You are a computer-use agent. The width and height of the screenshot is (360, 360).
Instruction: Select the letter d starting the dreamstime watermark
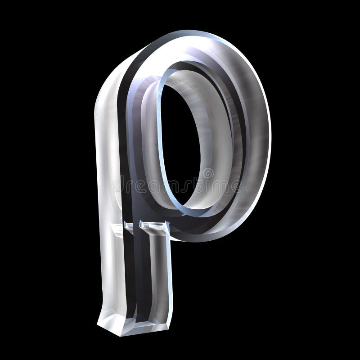point(118,185)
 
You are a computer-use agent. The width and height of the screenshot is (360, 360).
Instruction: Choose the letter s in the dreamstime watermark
point(194,185)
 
